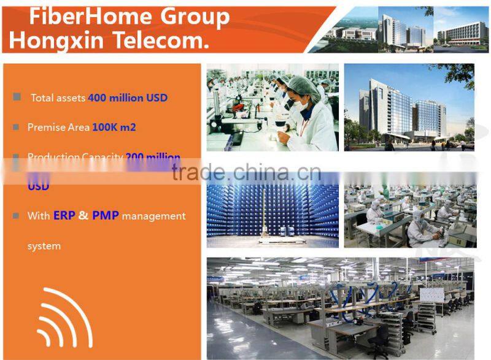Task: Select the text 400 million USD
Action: coord(128,98)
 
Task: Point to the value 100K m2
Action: coord(114,128)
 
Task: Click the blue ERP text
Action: coord(64,216)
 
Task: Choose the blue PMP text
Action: coord(106,216)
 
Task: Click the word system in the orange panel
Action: coord(44,246)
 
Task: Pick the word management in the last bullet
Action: coord(153,216)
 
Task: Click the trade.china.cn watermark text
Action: coord(246,172)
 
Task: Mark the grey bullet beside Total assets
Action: coord(17,97)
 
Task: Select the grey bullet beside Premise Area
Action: coord(17,127)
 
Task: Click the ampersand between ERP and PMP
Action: coord(83,216)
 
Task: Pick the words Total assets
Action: coord(58,98)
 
